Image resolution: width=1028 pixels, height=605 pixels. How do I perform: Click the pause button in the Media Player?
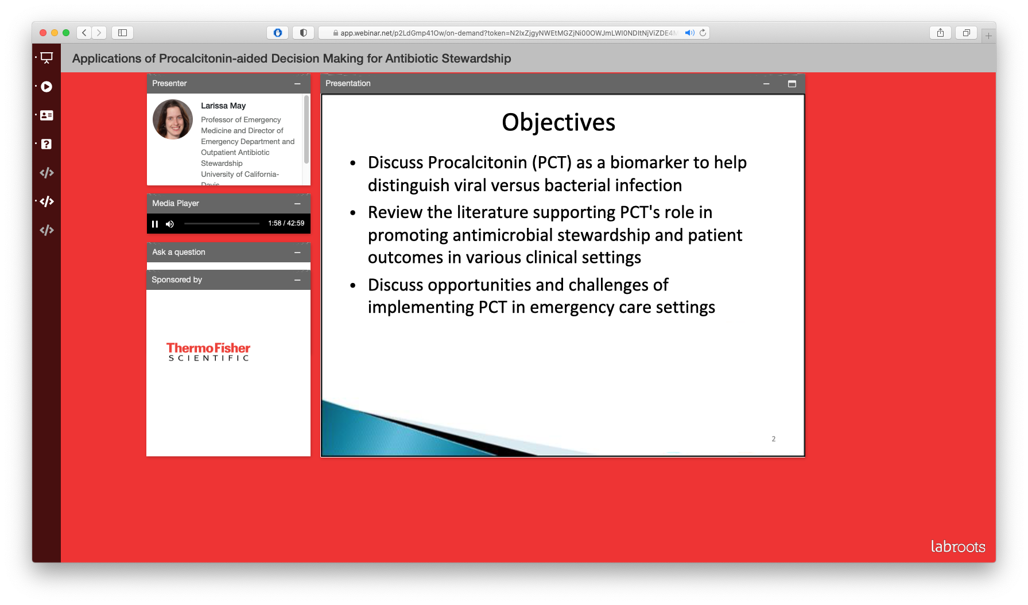pos(155,224)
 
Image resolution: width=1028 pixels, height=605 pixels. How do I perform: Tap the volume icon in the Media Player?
pos(170,224)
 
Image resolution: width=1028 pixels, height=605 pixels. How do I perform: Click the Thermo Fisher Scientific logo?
pos(208,352)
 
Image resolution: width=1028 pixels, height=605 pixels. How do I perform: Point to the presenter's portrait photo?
pos(173,119)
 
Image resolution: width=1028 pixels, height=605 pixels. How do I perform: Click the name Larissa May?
pos(223,106)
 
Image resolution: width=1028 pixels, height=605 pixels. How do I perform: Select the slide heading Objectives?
pos(558,122)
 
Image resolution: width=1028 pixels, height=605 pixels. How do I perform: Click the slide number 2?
pos(774,439)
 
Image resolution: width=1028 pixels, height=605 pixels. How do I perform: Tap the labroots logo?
pos(958,546)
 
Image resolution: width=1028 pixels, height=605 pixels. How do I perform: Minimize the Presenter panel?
pos(297,84)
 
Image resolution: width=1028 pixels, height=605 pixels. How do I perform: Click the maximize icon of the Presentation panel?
pos(792,84)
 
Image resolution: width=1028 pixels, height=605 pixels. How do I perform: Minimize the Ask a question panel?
pos(297,253)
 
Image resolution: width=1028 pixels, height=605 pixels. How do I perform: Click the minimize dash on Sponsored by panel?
pos(297,280)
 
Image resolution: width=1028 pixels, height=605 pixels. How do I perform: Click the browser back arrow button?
pos(84,33)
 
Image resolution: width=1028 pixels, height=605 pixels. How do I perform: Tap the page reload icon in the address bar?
pos(703,33)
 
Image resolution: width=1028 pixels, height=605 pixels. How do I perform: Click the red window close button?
pos(43,33)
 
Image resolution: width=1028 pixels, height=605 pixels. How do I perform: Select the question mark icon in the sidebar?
pos(46,144)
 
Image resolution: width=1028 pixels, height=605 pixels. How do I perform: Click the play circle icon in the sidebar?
pos(46,87)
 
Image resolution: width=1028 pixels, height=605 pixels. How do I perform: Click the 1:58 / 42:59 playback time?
pos(286,223)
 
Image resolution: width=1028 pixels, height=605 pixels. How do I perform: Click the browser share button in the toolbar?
pos(940,33)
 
